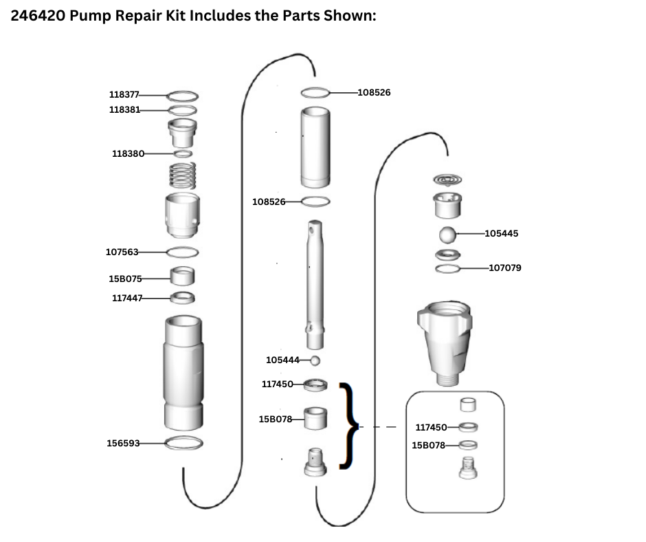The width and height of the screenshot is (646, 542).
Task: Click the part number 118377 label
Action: [124, 95]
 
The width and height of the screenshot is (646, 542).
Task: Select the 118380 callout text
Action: [128, 153]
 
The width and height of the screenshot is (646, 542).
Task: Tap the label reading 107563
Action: [122, 252]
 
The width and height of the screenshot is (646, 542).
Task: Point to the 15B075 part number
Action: [125, 278]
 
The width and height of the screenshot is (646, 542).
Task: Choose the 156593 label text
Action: [123, 443]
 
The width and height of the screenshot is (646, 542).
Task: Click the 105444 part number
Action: [282, 360]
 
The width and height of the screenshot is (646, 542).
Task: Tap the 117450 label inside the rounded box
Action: [432, 427]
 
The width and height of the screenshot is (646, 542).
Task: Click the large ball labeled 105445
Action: [448, 234]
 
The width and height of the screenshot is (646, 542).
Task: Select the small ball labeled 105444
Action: [315, 360]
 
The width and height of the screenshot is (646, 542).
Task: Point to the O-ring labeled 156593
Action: [183, 444]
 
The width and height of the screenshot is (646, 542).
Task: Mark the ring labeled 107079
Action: [448, 268]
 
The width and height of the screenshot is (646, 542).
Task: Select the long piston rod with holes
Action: [315, 283]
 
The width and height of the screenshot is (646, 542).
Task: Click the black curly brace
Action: [349, 426]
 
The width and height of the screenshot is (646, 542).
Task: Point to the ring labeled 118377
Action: [183, 96]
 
